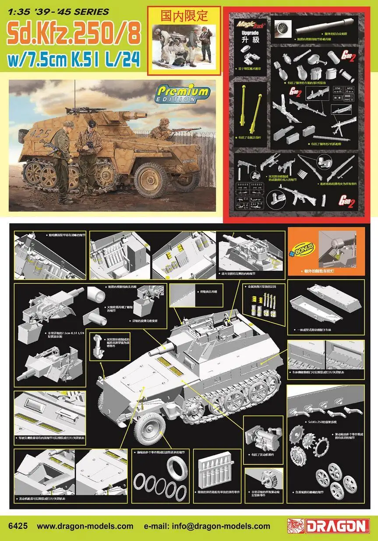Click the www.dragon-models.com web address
tap(85, 526)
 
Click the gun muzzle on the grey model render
tap(153, 352)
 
